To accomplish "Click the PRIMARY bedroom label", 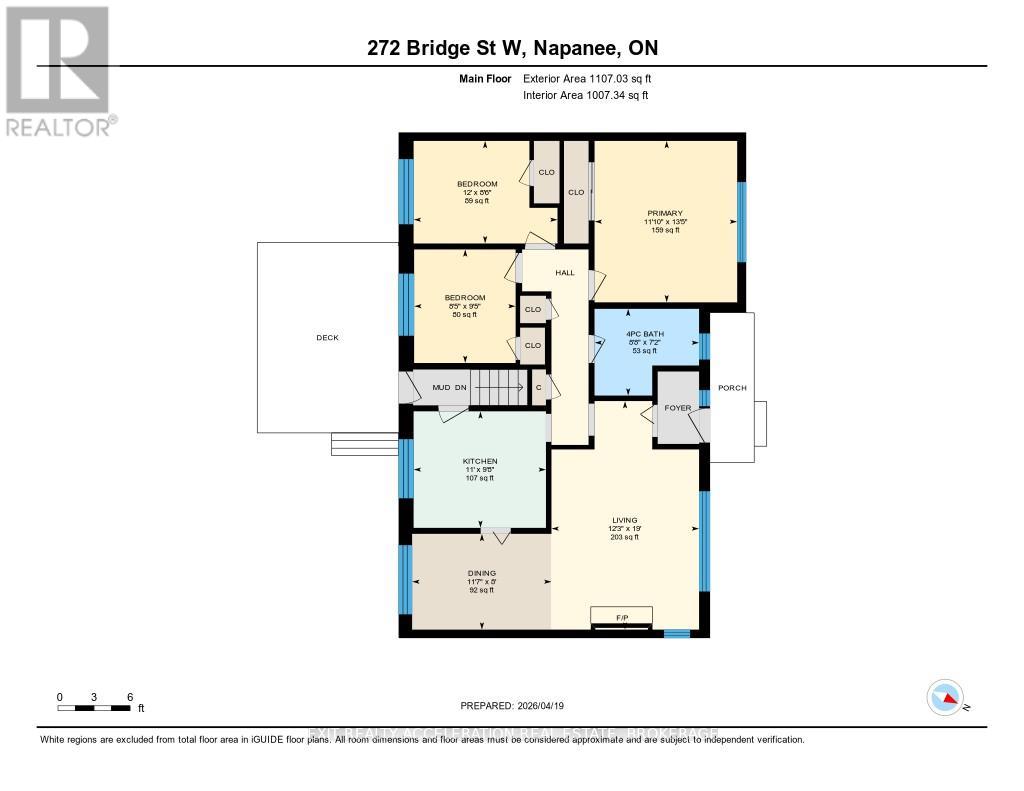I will pyautogui.click(x=665, y=213).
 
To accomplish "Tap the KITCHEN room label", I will pyautogui.click(x=480, y=461).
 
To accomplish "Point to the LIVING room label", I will pyautogui.click(x=625, y=520).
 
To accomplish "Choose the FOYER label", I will pyautogui.click(x=678, y=408).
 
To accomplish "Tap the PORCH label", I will pyautogui.click(x=732, y=389).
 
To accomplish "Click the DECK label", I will pyautogui.click(x=327, y=338).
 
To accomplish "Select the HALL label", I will pyautogui.click(x=565, y=273).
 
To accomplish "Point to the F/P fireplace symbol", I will pyautogui.click(x=621, y=616).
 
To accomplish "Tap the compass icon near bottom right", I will pyautogui.click(x=945, y=697).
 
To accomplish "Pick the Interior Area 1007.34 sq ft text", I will pyautogui.click(x=585, y=95).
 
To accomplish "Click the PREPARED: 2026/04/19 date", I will pyautogui.click(x=511, y=706).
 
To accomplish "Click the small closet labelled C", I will pyautogui.click(x=538, y=387).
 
